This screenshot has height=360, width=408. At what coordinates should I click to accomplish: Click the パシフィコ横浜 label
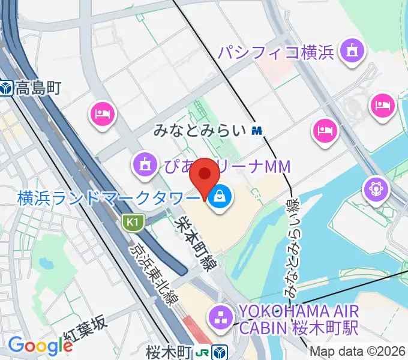pos(275,52)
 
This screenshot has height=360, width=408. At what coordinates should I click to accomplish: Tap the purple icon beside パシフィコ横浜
pos(350,52)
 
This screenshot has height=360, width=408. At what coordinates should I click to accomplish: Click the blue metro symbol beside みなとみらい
pos(257,130)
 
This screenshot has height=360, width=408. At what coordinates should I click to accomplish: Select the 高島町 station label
pos(39,89)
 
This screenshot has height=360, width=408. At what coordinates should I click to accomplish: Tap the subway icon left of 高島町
pos(7,89)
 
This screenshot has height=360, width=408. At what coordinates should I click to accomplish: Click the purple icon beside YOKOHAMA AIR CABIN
pos(219,316)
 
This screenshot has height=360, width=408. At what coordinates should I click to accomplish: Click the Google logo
pos(40,345)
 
